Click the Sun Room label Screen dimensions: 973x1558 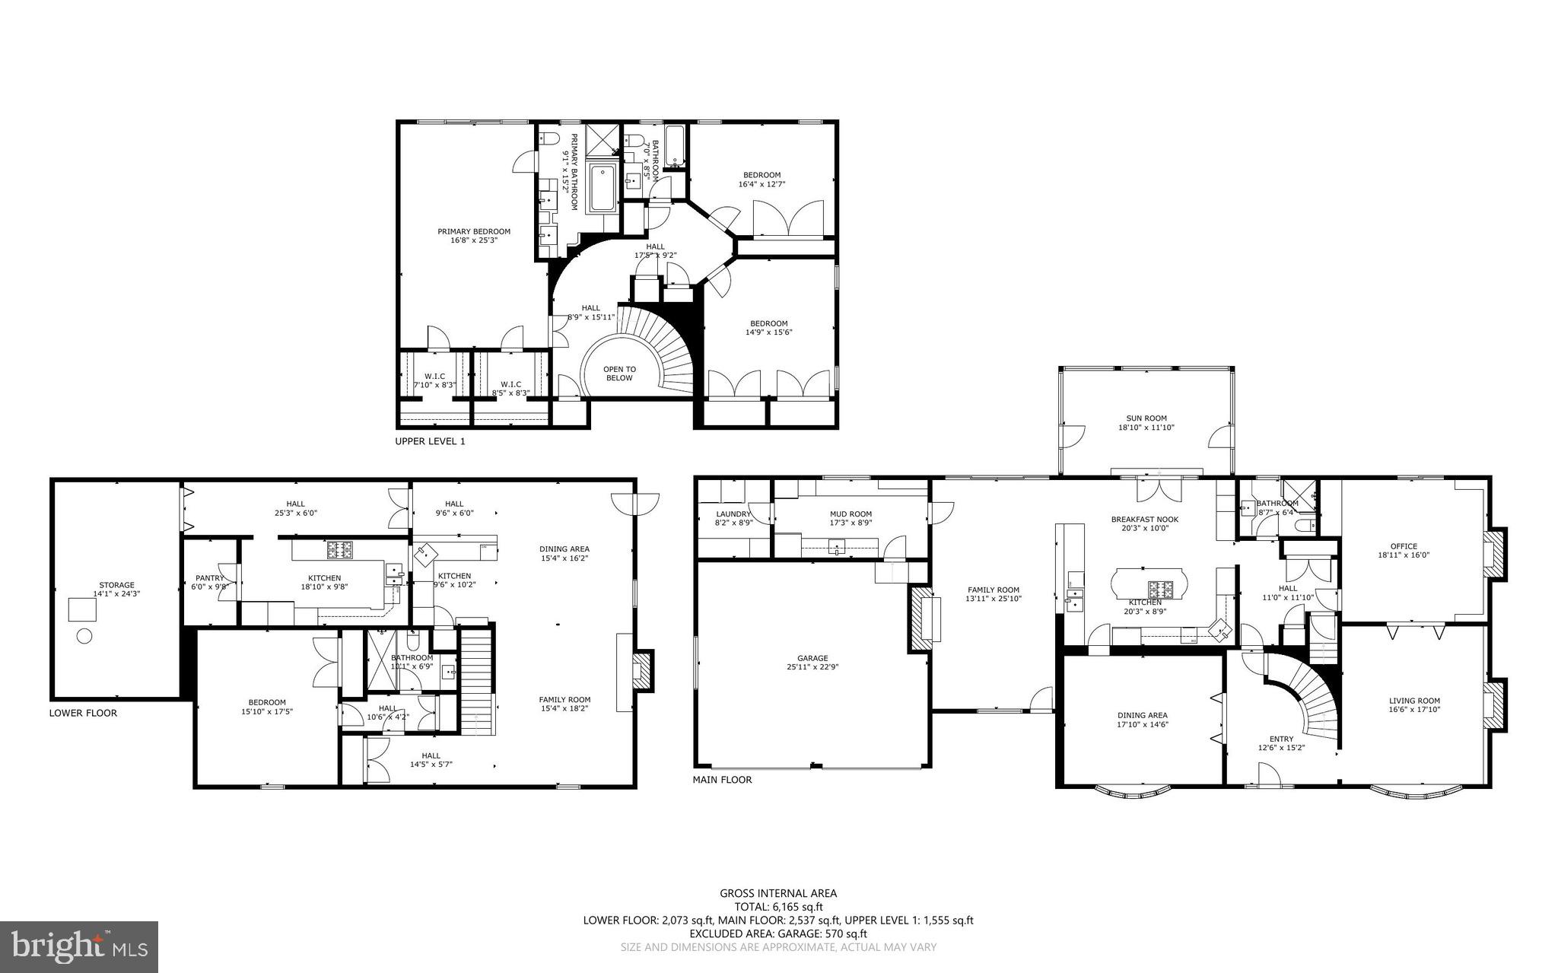click(x=1146, y=418)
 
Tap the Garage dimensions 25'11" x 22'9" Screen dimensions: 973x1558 click(x=812, y=667)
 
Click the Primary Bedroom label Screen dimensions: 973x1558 click(x=473, y=231)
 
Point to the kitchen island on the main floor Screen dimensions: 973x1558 click(x=1148, y=587)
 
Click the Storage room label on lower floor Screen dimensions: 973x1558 click(x=116, y=585)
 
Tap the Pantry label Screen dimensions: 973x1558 click(x=209, y=578)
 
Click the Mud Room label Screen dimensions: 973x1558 click(x=851, y=514)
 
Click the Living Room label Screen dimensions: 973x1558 click(x=1414, y=701)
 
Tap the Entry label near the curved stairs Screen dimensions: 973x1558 click(x=1281, y=739)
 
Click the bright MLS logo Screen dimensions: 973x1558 click(x=78, y=946)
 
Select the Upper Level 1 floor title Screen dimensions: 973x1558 click(x=430, y=441)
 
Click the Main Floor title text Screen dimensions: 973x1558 click(x=722, y=780)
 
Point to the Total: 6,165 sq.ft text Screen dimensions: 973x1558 click(x=778, y=907)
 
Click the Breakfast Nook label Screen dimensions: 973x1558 click(x=1144, y=520)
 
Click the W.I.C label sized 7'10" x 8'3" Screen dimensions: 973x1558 click(x=434, y=376)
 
